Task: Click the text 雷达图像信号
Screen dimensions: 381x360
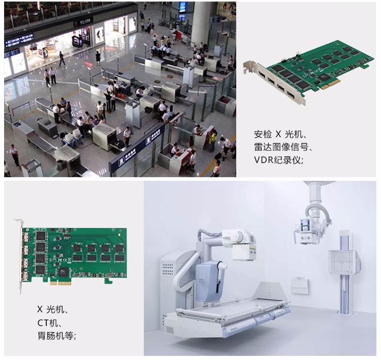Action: [x=281, y=147]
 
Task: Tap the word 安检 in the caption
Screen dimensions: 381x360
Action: [x=263, y=134]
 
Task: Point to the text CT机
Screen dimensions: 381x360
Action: [x=48, y=323]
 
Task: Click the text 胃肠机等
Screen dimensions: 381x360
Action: [x=55, y=336]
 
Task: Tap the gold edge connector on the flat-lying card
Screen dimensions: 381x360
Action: [x=61, y=283]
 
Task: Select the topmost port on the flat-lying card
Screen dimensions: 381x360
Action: [x=25, y=237]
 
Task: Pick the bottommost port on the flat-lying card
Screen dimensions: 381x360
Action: [x=25, y=277]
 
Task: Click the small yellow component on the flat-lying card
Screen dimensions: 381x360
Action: [x=119, y=235]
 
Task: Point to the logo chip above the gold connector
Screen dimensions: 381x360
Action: [x=63, y=272]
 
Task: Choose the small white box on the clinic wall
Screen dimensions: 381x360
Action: [x=300, y=285]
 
